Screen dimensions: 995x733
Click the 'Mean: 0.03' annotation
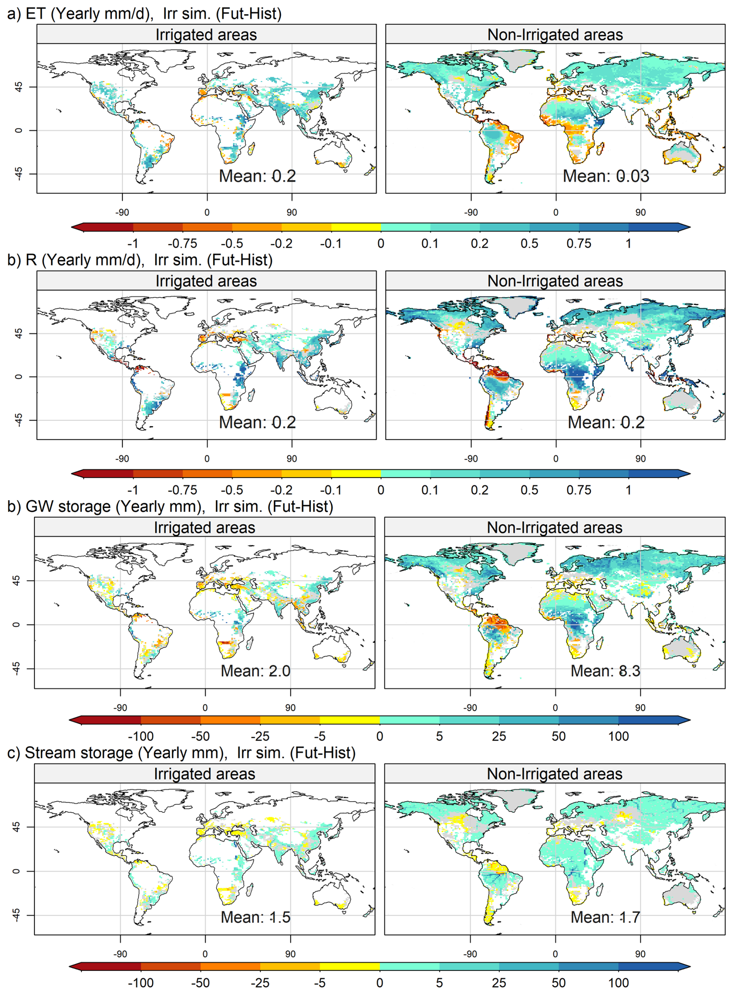[606, 176]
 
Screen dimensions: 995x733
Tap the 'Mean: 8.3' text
[605, 671]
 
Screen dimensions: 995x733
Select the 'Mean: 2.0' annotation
[256, 671]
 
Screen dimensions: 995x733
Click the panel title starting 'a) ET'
[144, 13]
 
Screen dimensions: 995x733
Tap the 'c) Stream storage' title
[181, 753]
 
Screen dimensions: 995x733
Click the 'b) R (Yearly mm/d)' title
[140, 260]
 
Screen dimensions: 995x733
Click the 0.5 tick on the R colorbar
[529, 490]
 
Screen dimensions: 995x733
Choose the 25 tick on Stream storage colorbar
[499, 983]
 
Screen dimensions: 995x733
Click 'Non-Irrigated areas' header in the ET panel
[555, 35]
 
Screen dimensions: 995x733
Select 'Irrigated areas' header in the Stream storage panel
[205, 774]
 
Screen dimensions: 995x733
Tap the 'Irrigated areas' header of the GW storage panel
[205, 527]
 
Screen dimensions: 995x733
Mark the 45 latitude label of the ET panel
[19, 86]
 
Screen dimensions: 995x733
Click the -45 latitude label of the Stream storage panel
[16, 915]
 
